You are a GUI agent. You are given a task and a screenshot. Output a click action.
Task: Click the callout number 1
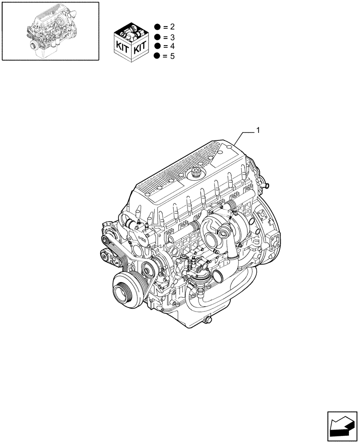[x=258, y=130]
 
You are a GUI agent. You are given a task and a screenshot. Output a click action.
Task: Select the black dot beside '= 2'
[x=157, y=27]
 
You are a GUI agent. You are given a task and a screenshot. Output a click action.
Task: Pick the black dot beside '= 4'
[x=157, y=46]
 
